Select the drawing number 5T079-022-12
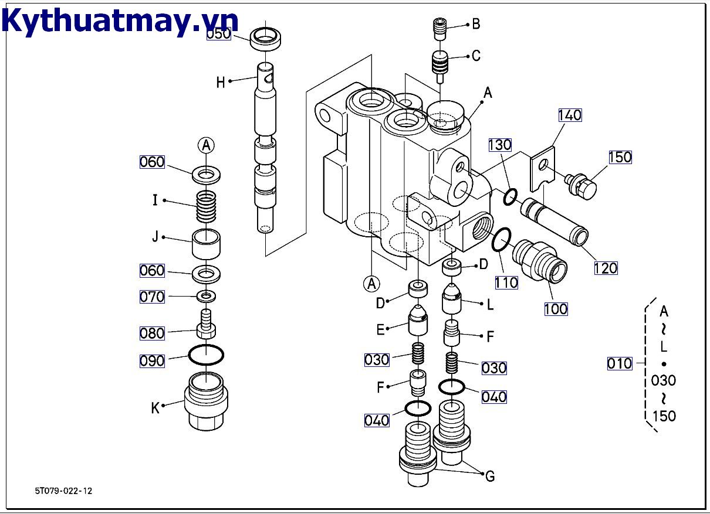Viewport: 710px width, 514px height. click(63, 491)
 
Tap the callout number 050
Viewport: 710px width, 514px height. click(218, 34)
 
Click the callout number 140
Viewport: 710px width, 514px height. click(570, 115)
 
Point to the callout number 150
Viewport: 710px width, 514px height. click(620, 157)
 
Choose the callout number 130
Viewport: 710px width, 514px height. click(500, 145)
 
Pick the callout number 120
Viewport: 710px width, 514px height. click(606, 268)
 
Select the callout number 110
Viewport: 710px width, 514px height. click(506, 282)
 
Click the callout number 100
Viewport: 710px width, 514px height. click(556, 308)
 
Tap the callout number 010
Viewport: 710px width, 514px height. click(620, 364)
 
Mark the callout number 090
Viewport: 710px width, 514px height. click(152, 360)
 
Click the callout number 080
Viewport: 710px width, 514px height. click(152, 333)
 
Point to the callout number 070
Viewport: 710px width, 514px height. click(152, 297)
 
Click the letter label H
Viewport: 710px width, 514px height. click(221, 83)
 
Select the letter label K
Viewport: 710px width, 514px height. click(155, 409)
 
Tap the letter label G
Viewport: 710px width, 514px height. click(489, 476)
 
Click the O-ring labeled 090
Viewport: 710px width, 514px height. click(206, 355)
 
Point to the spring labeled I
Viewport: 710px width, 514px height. click(206, 208)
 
